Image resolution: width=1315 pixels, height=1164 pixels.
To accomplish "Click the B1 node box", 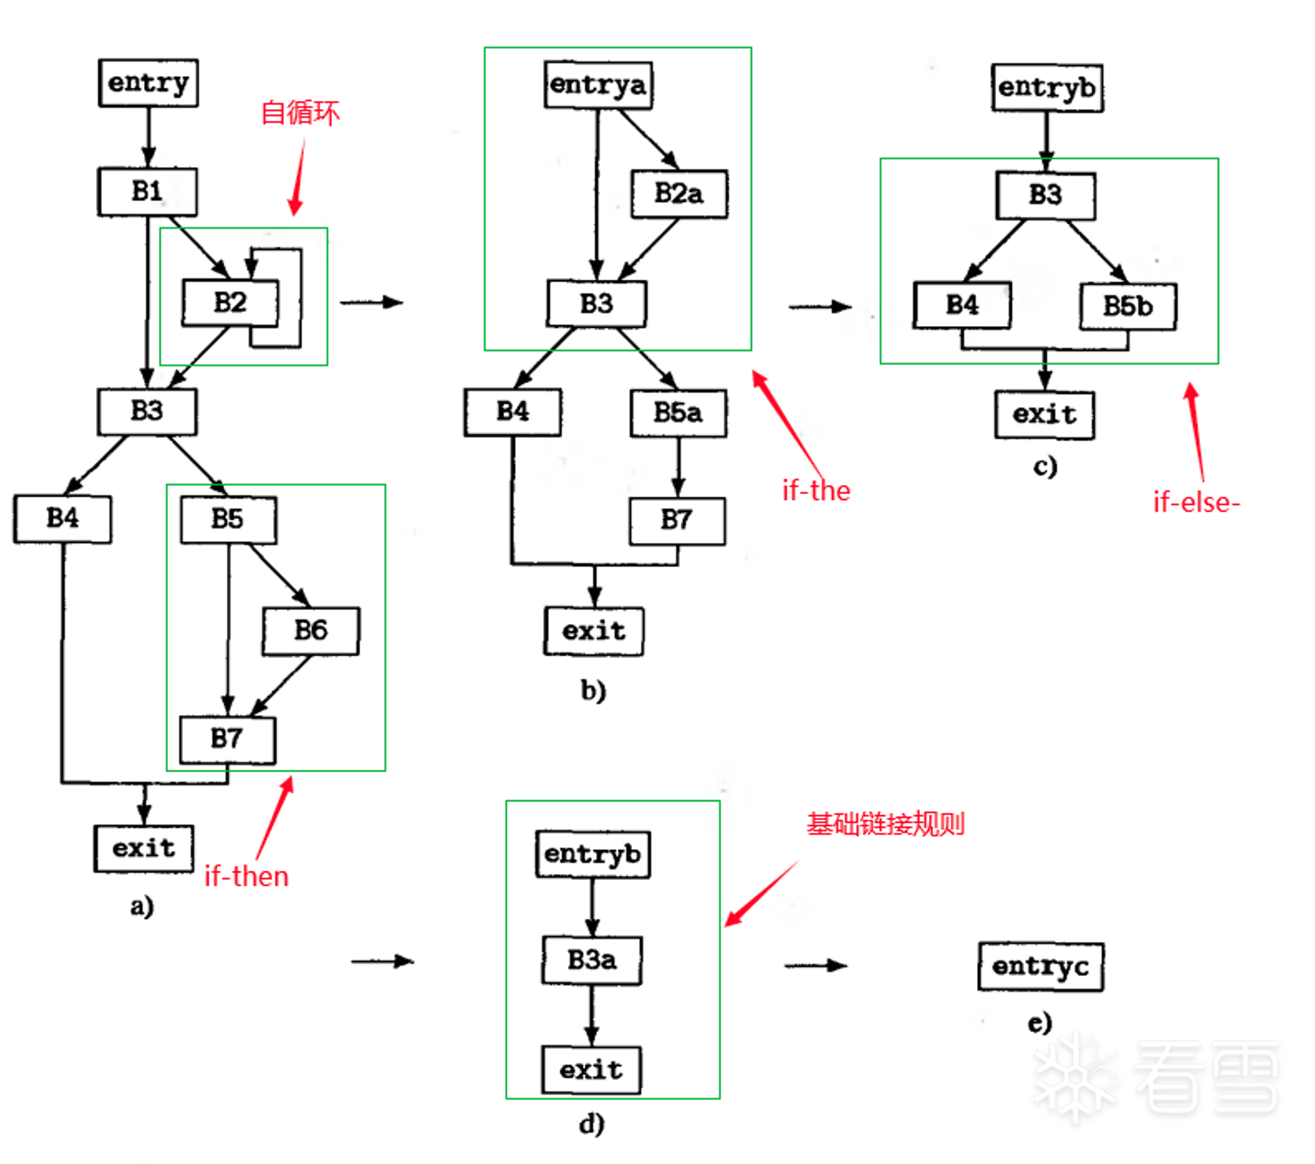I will tap(147, 191).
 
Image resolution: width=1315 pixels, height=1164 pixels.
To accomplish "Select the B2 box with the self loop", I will tap(230, 302).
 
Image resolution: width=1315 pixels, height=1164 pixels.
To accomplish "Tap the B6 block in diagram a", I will tap(310, 630).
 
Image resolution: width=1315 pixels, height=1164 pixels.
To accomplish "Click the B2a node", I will tap(679, 194).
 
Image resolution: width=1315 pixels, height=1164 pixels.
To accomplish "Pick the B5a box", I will tap(679, 413).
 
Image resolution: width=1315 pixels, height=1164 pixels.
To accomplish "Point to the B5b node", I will tap(1128, 306).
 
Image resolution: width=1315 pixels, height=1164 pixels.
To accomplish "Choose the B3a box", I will tap(592, 960).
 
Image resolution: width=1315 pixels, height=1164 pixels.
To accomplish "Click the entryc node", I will tap(1041, 966).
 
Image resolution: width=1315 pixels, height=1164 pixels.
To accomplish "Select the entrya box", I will tap(598, 85).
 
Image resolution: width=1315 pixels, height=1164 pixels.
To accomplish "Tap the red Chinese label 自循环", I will tap(300, 112).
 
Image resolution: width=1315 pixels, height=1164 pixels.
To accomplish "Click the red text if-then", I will tap(247, 876).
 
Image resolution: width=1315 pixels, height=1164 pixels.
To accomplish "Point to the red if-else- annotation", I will tap(1197, 502).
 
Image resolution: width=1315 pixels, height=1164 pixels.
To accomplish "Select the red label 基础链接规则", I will tap(886, 824).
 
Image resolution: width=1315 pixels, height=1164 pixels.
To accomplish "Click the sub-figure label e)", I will tap(1040, 1023).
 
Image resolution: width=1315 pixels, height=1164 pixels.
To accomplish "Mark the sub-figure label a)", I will tap(142, 906).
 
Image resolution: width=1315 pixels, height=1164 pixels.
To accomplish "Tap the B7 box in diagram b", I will tap(677, 521).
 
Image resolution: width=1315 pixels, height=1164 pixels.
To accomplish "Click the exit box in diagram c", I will tap(1045, 415).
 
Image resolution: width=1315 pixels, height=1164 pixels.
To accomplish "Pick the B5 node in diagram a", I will tap(227, 519).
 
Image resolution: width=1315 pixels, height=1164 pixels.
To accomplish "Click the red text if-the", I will tap(816, 491).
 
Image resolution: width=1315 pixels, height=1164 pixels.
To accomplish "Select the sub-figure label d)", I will tap(592, 1124).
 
